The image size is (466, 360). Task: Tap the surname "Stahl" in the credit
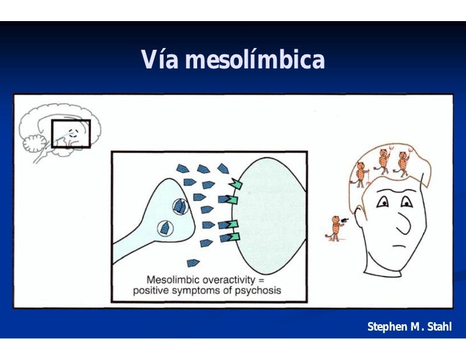coord(438,327)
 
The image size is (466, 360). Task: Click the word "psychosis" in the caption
coord(258,290)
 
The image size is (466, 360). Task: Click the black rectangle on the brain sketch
coord(70,134)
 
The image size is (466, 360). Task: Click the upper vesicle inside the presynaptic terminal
coord(181,207)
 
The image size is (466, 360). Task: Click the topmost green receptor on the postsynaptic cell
coord(236,184)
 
